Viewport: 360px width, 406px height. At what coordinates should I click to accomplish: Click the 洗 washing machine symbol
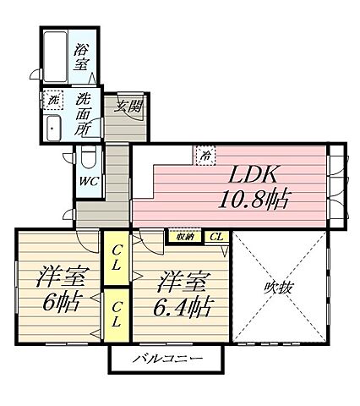(x=53, y=98)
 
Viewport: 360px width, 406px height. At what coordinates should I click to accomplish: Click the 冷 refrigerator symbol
(x=205, y=154)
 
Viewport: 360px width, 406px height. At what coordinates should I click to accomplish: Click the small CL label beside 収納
(x=217, y=238)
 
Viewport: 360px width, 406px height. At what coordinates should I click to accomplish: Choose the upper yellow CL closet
(x=117, y=258)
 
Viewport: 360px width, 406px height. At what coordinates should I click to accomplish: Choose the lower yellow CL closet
(x=117, y=314)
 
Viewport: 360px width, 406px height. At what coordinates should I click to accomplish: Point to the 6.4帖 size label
(x=182, y=304)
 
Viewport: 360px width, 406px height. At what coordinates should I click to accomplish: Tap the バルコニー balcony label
(x=166, y=359)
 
